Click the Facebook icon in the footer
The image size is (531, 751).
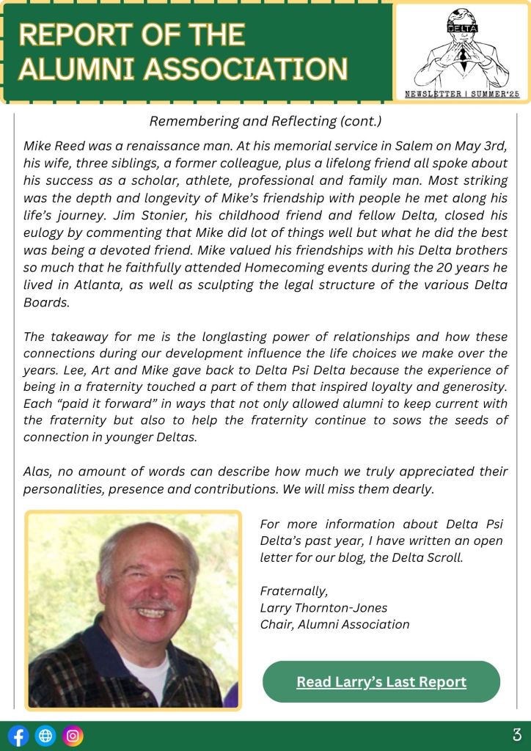[18, 736]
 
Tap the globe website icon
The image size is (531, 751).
[45, 736]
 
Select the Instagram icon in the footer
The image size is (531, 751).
[73, 736]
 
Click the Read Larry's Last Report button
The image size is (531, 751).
[381, 682]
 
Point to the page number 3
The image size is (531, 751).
[516, 735]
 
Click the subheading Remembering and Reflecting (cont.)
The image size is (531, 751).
[265, 121]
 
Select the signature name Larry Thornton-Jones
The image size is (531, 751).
[323, 607]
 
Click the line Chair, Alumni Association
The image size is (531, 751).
[334, 624]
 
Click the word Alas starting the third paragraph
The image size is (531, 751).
[37, 472]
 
